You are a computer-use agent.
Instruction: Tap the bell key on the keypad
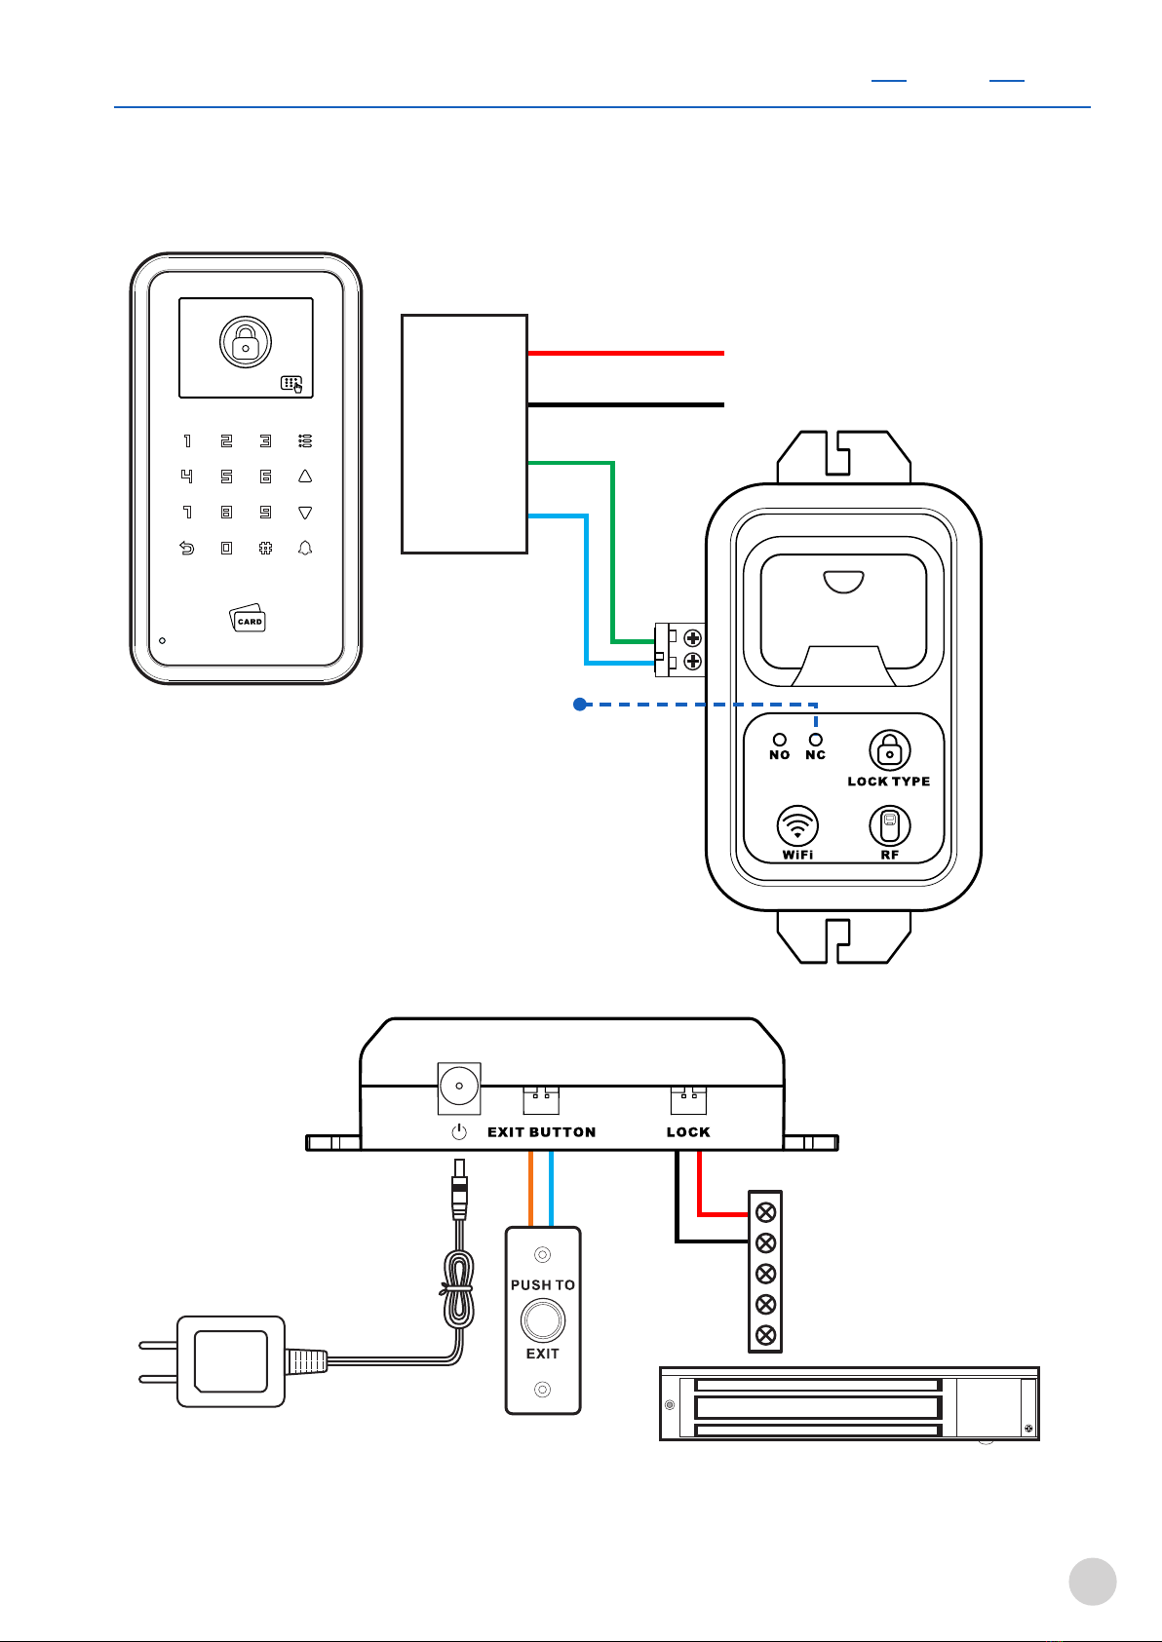point(305,549)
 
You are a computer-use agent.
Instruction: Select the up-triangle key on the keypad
point(305,477)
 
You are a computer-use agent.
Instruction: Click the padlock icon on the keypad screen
point(246,342)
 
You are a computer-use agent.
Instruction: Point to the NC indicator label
point(815,755)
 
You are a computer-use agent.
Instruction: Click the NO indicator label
point(779,755)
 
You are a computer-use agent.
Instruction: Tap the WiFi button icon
point(797,826)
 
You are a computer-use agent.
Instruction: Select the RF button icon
point(889,826)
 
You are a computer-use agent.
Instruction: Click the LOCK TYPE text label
point(888,782)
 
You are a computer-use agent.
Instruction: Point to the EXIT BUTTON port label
point(541,1132)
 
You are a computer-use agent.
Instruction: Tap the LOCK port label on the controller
point(688,1132)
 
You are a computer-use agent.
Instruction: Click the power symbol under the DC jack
point(459,1132)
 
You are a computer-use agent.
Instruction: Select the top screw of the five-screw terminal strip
point(765,1212)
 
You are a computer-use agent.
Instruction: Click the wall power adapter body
point(231,1361)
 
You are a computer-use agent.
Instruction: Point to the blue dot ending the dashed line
point(579,704)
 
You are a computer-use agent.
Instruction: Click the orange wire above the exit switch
point(531,1189)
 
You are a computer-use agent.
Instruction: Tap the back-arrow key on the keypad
point(187,549)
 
